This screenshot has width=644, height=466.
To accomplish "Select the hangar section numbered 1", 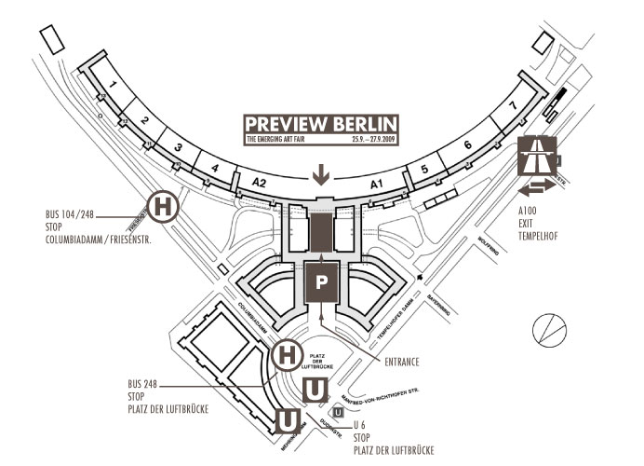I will (113, 87).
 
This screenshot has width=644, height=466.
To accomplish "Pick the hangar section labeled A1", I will (378, 185).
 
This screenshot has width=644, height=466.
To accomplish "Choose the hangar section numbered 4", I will (215, 169).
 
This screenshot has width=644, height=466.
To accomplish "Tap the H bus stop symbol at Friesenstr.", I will (163, 207).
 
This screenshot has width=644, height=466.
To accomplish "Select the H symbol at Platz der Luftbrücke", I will (288, 355).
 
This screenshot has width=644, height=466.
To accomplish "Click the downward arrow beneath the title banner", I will (321, 174).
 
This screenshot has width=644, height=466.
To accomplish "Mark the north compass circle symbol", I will (548, 328).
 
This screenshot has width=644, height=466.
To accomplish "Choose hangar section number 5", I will (424, 169).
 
